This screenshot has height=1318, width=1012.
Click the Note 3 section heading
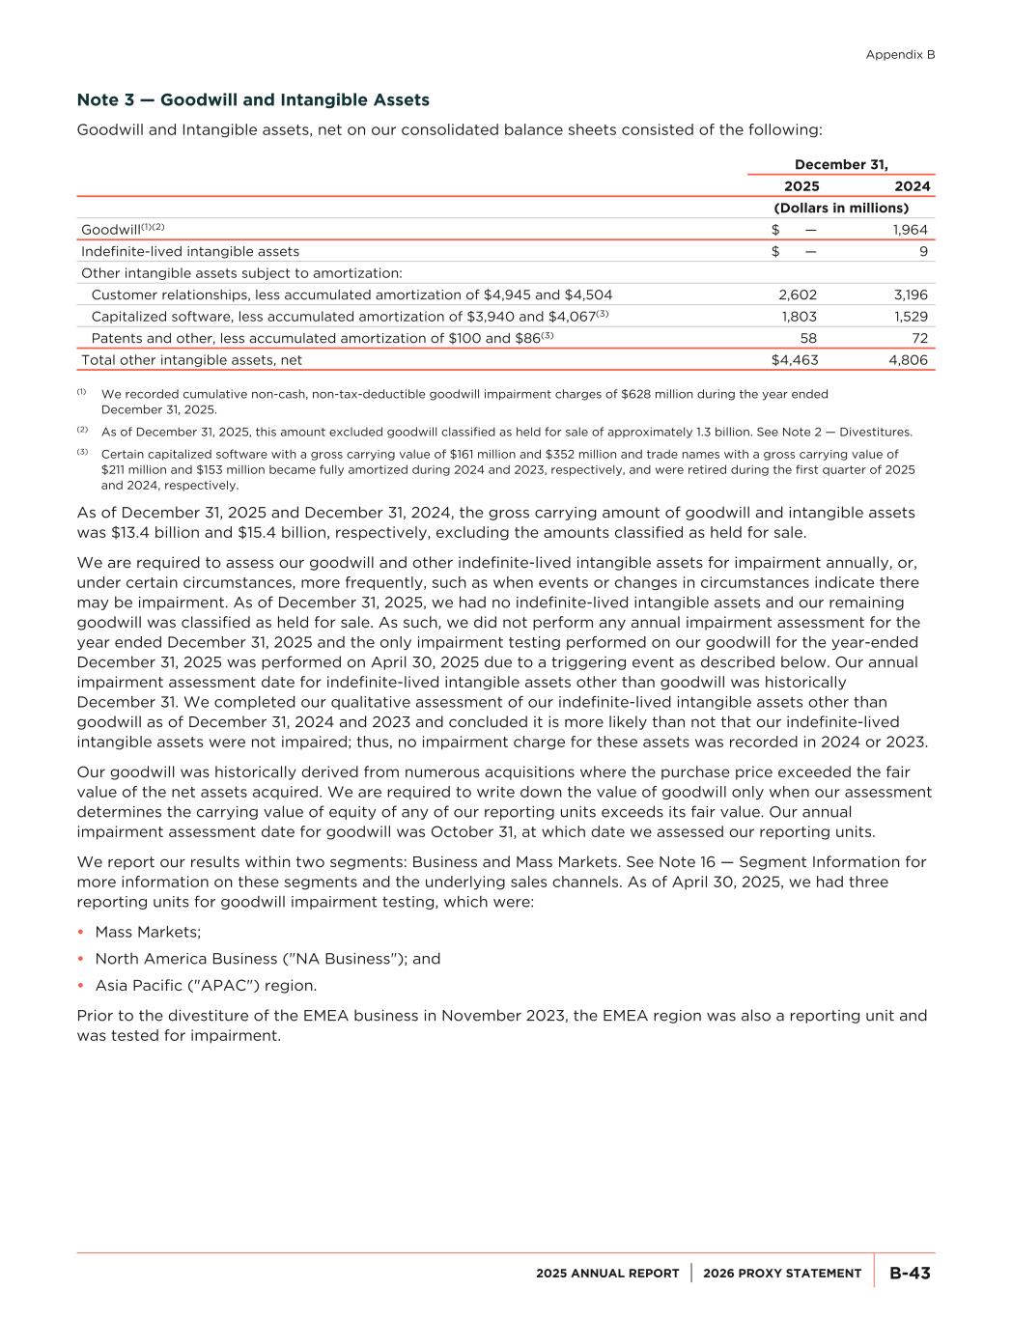point(253,100)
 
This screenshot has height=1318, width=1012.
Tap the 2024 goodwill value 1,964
point(910,230)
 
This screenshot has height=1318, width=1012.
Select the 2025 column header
point(801,186)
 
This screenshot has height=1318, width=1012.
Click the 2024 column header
point(913,186)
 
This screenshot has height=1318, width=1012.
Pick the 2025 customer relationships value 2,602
point(797,294)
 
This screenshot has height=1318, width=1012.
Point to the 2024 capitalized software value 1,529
point(910,317)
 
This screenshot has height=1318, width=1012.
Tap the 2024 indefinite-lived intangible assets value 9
point(923,251)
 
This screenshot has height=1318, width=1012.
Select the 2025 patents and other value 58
point(808,338)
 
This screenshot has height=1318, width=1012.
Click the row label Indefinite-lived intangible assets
point(190,251)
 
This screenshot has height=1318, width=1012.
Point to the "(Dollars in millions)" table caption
point(841,208)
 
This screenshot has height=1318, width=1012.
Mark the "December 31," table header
point(841,165)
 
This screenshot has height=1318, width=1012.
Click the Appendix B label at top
point(900,55)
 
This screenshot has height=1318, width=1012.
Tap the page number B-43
point(910,1274)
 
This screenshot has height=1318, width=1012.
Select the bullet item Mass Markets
point(148,932)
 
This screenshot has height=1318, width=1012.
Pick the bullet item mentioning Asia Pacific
point(206,986)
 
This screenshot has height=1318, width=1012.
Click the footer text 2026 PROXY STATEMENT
point(782,1274)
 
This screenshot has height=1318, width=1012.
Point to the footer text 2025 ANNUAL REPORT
point(607,1274)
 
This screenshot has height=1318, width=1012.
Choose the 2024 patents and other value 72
point(919,338)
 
